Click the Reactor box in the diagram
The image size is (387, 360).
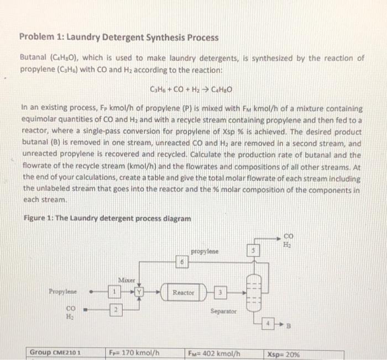(x=183, y=292)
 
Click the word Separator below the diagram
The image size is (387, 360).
(x=224, y=311)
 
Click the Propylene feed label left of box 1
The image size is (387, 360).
(x=63, y=291)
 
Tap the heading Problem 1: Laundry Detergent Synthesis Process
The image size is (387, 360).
(x=119, y=38)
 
